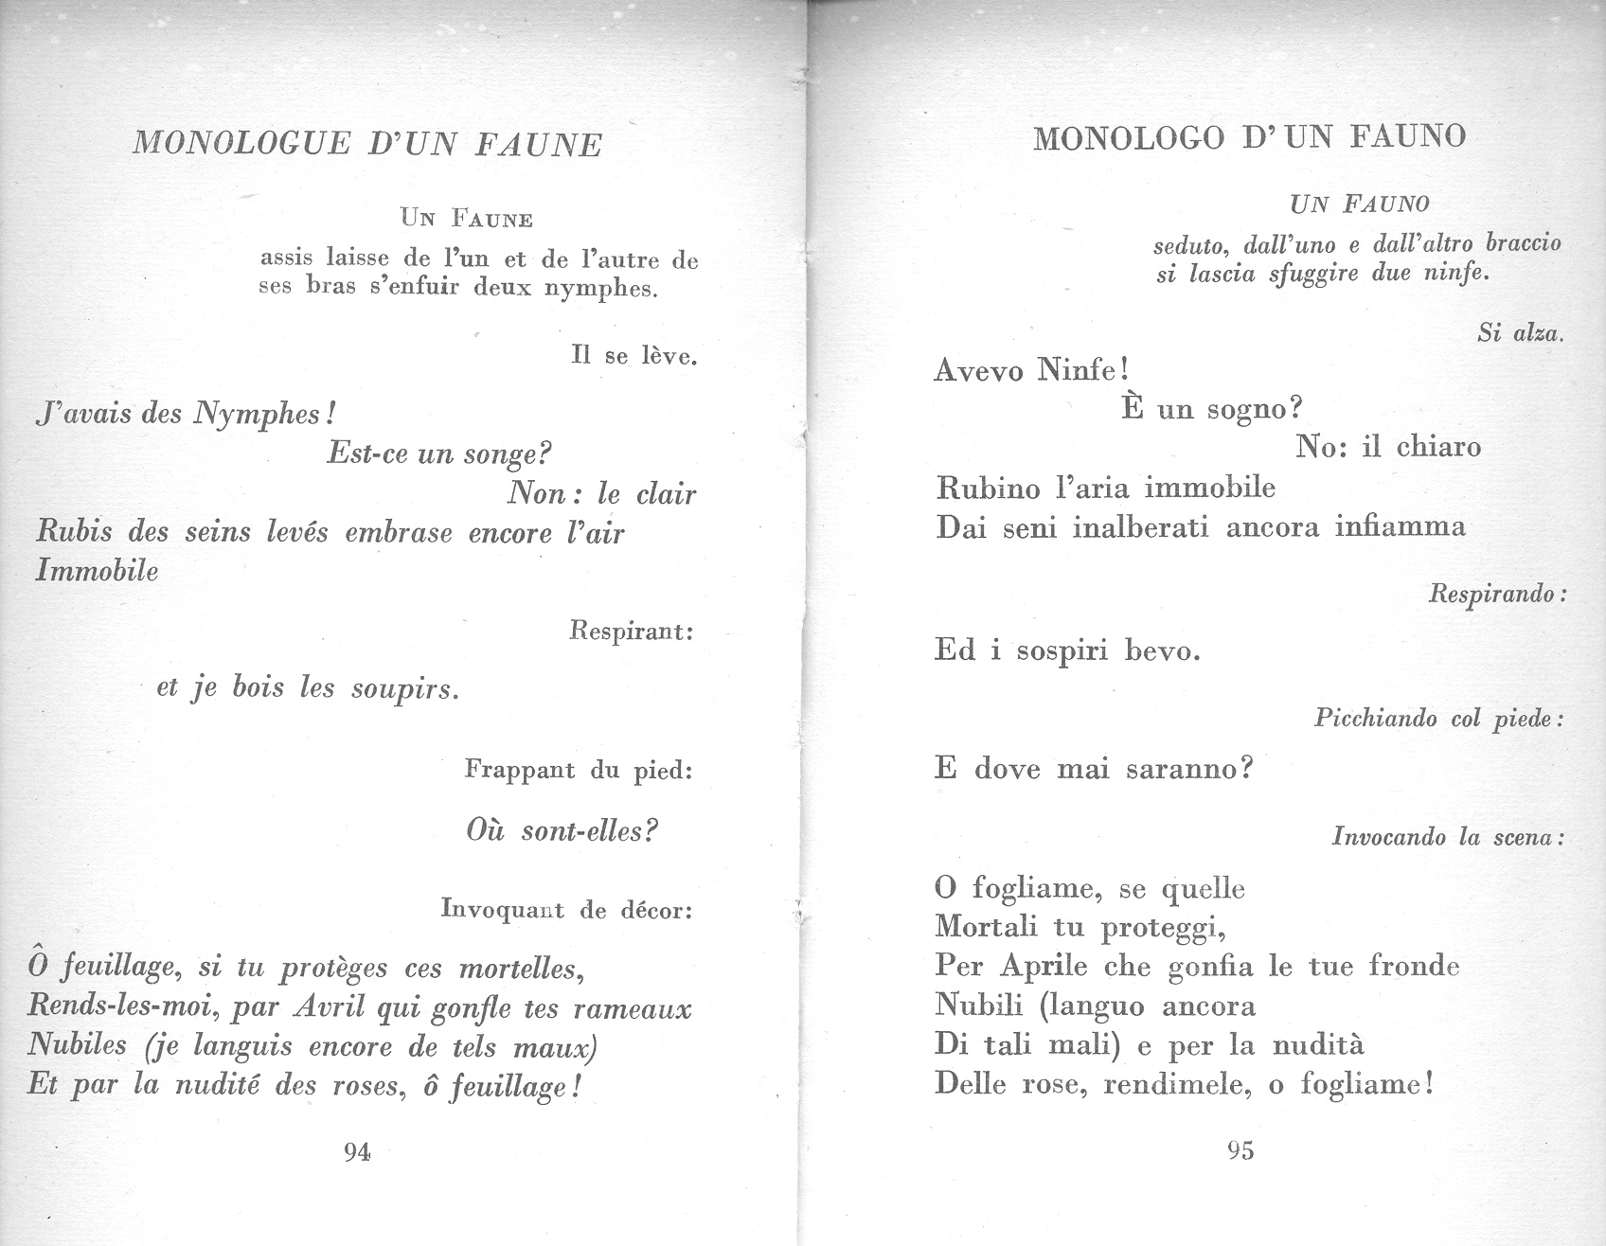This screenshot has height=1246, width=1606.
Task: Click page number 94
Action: point(357,1152)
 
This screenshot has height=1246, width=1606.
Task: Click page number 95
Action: point(1240,1150)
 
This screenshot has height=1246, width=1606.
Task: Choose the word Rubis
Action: point(73,532)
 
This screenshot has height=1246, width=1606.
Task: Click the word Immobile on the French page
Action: point(97,571)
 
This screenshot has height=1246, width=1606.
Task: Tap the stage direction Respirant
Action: point(631,631)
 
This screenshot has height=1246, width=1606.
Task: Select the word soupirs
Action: point(404,688)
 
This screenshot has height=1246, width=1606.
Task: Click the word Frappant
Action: point(520,770)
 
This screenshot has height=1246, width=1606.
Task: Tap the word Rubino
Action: point(988,489)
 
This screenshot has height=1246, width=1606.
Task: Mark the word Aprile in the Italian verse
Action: point(1044,967)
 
